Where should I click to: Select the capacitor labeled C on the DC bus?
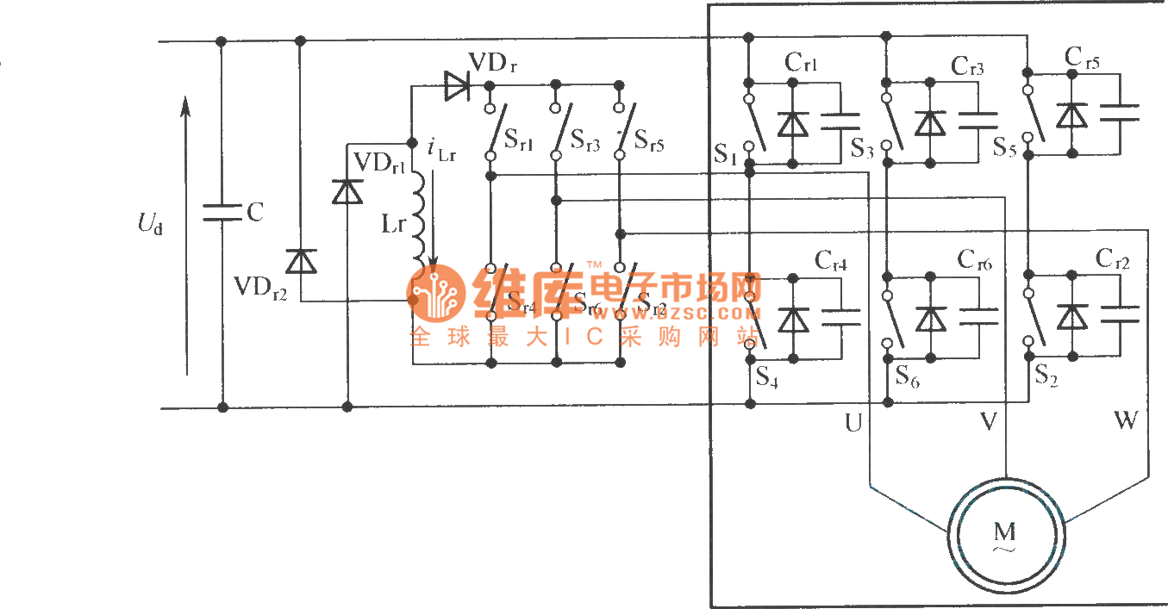tap(222, 212)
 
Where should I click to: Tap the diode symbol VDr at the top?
tap(457, 84)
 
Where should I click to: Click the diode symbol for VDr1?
tap(347, 191)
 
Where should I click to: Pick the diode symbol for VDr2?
tap(301, 260)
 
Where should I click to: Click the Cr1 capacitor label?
tap(801, 63)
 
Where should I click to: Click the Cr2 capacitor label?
tap(1113, 258)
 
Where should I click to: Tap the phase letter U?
tap(853, 422)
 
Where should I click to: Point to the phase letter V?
tap(989, 421)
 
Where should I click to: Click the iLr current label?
tap(441, 150)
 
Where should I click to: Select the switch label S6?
tap(907, 376)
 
